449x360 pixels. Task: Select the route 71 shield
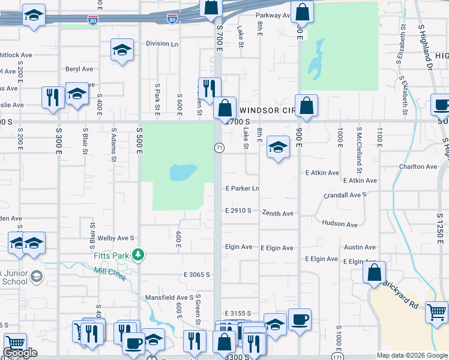[x=219, y=147]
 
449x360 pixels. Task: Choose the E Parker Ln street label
[x=242, y=188]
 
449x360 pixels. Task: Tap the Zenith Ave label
[x=277, y=213]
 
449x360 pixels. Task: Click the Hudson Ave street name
[x=340, y=223]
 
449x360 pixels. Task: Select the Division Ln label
[x=162, y=44]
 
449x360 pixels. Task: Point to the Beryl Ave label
[x=80, y=69]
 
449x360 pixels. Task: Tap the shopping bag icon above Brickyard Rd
[x=374, y=272]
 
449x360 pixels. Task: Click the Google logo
[x=20, y=353]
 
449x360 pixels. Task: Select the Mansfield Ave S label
[x=169, y=297]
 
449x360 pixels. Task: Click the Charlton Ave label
[x=418, y=166]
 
